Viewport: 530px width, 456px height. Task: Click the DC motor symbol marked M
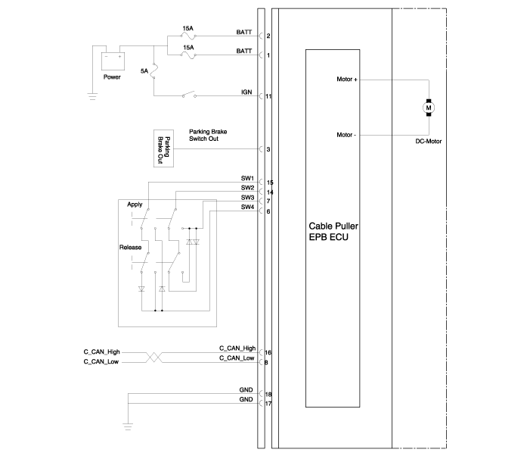coord(429,108)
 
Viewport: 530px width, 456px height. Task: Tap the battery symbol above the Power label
coord(113,61)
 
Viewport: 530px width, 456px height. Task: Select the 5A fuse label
coord(144,71)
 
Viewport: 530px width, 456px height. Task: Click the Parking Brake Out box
coord(163,148)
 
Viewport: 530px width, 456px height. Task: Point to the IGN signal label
coord(246,92)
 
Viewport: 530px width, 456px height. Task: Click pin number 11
coord(268,96)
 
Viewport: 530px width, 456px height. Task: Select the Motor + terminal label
coord(347,80)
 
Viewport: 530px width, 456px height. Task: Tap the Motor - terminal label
coord(346,135)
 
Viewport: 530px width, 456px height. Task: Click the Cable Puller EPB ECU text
coord(333,232)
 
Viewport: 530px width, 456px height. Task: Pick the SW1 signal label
coord(247,178)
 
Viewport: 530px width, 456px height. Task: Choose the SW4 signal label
coord(247,207)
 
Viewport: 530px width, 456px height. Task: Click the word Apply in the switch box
coord(135,205)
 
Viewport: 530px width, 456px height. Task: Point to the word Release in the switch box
coord(130,248)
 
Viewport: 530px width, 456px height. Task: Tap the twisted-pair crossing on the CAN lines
coord(153,357)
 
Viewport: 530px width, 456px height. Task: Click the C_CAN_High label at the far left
coord(101,352)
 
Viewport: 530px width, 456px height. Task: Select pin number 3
coord(268,149)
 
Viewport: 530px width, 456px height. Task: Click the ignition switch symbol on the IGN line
coord(189,95)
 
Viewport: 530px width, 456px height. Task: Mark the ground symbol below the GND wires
coord(128,426)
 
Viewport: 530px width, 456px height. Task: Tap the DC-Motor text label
coord(428,142)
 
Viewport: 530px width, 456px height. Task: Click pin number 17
coord(268,404)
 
